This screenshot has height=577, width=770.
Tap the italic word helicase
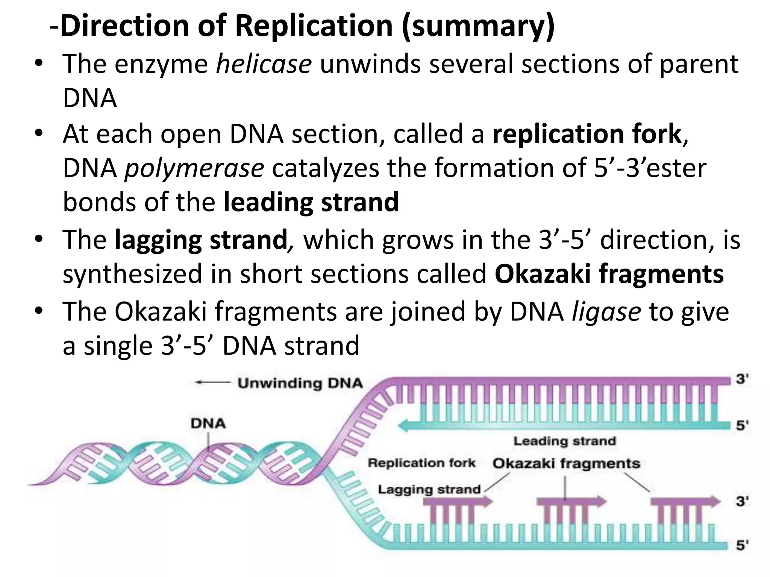click(x=263, y=64)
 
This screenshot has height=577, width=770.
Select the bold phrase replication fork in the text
click(x=587, y=134)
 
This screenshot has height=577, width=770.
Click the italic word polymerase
click(x=194, y=169)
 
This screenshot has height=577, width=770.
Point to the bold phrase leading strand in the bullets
click(x=311, y=202)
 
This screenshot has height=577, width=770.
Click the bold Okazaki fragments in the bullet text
click(x=609, y=274)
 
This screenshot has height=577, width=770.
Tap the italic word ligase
click(x=606, y=312)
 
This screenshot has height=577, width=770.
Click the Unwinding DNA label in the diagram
click(x=300, y=383)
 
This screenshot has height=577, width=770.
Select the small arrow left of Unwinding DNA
click(x=212, y=383)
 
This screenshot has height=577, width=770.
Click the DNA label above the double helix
click(x=208, y=424)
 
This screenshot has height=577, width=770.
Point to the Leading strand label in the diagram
click(x=564, y=441)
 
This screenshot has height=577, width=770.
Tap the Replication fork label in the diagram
click(x=421, y=463)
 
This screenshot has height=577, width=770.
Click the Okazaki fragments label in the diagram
click(x=566, y=464)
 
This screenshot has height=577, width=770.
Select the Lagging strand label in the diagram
click(x=429, y=489)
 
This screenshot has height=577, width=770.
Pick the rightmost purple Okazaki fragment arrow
click(x=684, y=501)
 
